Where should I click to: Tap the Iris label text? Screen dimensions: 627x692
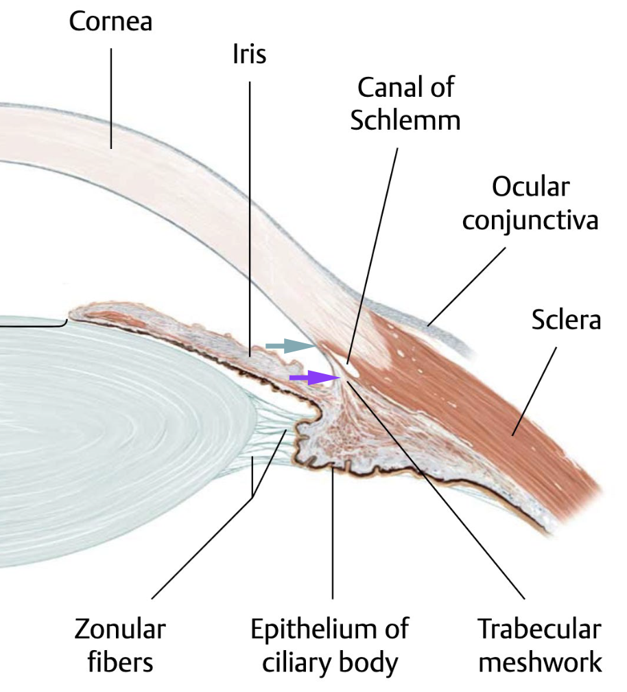pyautogui.click(x=249, y=54)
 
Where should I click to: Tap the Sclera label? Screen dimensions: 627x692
pyautogui.click(x=566, y=320)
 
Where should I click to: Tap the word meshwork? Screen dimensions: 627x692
pyautogui.click(x=541, y=662)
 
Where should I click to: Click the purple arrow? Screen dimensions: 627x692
pyautogui.click(x=309, y=377)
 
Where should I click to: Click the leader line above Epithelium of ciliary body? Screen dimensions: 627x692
pyautogui.click(x=333, y=535)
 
